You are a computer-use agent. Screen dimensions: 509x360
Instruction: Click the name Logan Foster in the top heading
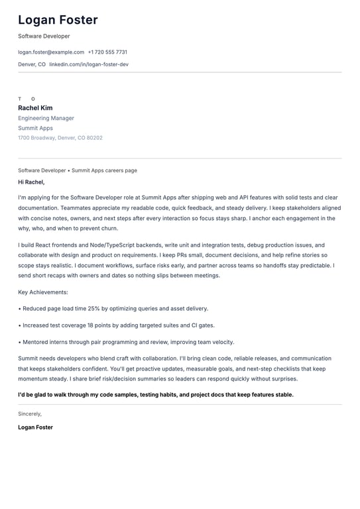click(58, 20)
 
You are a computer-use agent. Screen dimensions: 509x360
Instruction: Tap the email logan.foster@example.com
click(51, 52)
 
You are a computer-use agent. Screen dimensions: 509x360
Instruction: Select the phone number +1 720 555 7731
click(107, 52)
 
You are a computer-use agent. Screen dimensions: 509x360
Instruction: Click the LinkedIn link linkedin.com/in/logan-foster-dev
click(89, 64)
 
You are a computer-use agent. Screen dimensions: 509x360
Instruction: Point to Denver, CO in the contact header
click(32, 64)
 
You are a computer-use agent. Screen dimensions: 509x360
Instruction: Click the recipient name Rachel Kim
click(35, 108)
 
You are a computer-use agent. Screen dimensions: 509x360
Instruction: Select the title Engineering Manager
click(46, 118)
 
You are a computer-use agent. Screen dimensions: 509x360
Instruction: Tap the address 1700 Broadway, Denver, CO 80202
click(60, 138)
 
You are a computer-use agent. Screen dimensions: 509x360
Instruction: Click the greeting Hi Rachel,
click(31, 182)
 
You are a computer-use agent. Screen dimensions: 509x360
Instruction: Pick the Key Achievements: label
click(43, 292)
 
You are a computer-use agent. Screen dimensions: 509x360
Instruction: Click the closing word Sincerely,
click(30, 414)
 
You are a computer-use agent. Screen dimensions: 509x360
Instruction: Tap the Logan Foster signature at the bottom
click(35, 427)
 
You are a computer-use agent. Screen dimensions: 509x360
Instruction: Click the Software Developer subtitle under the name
click(44, 36)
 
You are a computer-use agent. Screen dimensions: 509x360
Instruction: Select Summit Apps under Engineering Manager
click(35, 128)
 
